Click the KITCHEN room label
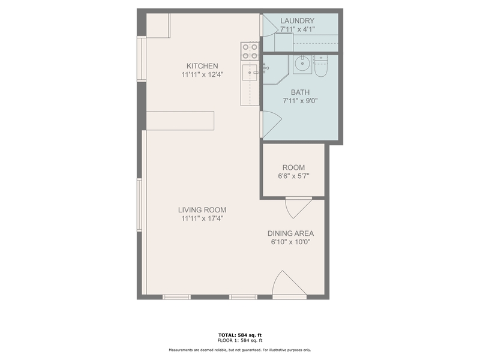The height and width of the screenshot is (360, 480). tap(202, 66)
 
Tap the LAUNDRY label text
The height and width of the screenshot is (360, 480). tap(298, 21)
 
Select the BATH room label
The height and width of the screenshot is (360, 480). tap(299, 92)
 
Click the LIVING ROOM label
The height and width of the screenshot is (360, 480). tap(202, 210)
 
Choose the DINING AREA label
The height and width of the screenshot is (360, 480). tap(290, 233)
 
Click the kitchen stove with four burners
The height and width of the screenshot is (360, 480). tap(250, 51)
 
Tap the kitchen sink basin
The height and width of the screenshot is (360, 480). tap(249, 73)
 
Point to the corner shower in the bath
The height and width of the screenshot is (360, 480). tap(274, 72)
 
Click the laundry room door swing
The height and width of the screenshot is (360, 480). tap(270, 24)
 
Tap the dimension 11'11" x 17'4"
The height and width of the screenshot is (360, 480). tap(202, 219)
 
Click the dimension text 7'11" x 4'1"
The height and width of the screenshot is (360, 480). tap(298, 29)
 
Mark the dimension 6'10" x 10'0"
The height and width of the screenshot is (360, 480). tap(290, 242)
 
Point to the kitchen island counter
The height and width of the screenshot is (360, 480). tap(180, 120)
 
